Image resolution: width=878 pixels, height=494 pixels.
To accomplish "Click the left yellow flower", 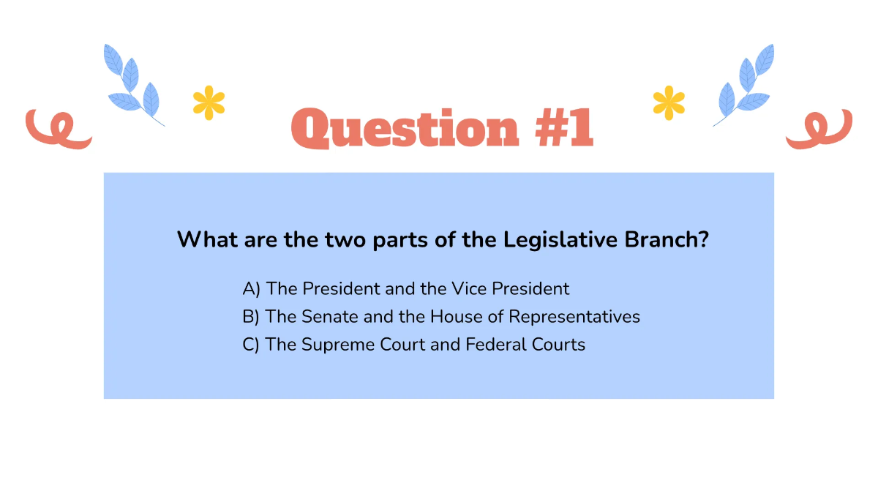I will [209, 102].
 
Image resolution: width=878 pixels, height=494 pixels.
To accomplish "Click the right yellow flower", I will [669, 102].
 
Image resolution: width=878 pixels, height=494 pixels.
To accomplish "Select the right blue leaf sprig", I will [745, 83].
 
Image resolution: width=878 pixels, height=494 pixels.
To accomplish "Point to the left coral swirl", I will [57, 130].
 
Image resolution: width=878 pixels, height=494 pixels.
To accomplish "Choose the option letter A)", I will [251, 289].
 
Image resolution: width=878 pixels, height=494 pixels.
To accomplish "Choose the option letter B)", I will [251, 317].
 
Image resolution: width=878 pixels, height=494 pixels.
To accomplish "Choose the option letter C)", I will [251, 345].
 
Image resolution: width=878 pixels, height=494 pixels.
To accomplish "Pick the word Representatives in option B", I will [574, 317].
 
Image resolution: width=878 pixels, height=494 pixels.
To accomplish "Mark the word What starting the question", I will [202, 239].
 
